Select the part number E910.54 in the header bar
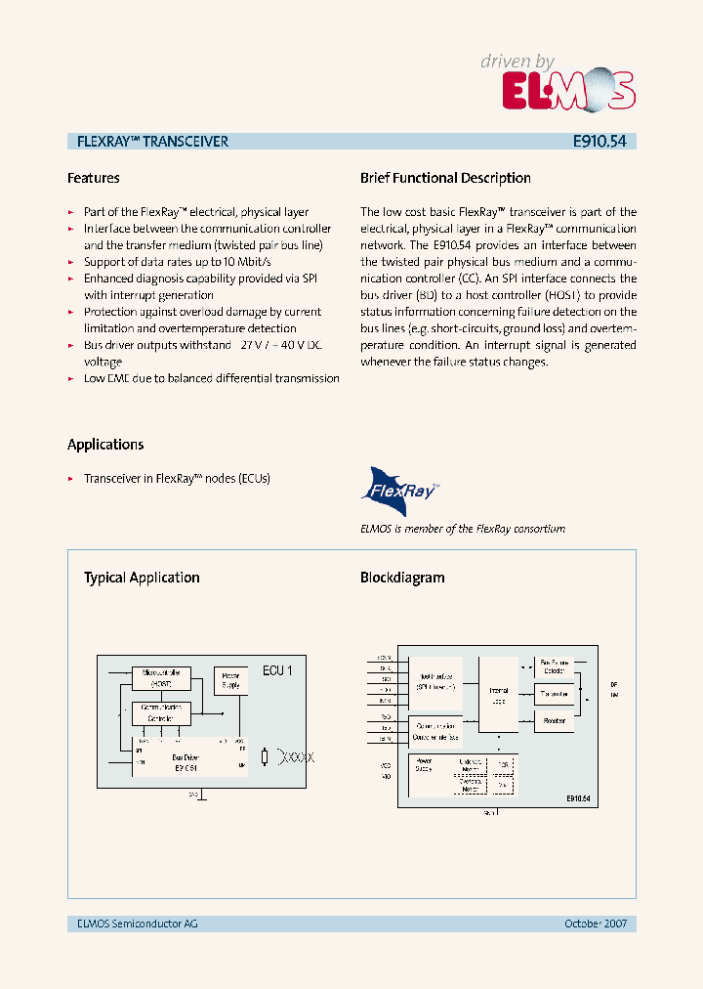click(x=600, y=142)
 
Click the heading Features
click(x=94, y=178)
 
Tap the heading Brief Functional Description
click(x=445, y=178)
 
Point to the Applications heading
click(x=105, y=444)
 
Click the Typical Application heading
click(x=142, y=578)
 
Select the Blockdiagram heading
click(x=402, y=578)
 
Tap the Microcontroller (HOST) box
click(x=161, y=677)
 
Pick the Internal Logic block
click(x=499, y=695)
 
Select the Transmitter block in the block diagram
click(x=555, y=694)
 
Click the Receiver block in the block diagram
click(x=555, y=721)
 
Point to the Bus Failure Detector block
click(x=555, y=666)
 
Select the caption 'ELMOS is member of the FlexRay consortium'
click(x=463, y=529)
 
